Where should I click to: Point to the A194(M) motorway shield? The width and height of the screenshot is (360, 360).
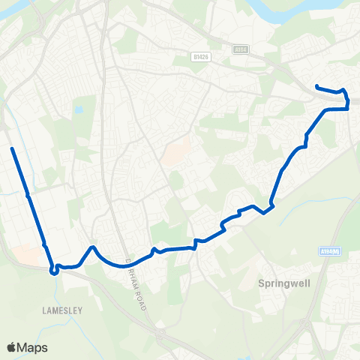[x=330, y=251]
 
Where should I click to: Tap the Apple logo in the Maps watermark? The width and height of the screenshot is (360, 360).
[x=13, y=347]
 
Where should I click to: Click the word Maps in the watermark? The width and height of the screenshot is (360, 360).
[x=34, y=347]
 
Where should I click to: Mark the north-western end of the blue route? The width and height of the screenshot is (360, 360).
[x=12, y=149]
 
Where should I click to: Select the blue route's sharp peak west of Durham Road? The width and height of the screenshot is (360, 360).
[x=91, y=247]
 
